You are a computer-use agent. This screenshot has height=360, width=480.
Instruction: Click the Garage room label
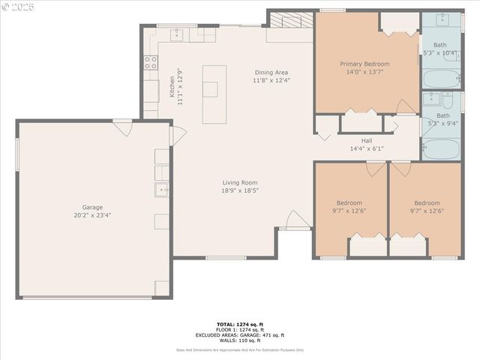tap(92, 207)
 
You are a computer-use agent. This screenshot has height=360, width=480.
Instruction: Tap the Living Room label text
tap(240, 182)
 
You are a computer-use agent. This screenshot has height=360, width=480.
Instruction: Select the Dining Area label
tap(271, 72)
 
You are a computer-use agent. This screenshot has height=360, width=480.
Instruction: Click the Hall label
tap(367, 140)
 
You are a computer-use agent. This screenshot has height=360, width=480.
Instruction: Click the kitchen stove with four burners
tap(151, 62)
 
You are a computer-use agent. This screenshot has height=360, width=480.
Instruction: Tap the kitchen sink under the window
tap(178, 34)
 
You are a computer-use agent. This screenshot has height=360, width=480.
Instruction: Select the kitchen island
tap(214, 94)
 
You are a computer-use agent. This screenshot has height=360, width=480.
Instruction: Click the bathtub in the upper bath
tap(441, 79)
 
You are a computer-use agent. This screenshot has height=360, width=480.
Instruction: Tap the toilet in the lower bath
tap(447, 100)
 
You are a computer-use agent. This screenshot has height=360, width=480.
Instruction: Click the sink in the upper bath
tap(441, 19)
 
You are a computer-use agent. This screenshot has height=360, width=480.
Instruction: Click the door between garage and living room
tap(177, 136)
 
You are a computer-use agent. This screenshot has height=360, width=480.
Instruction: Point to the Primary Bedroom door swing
tap(406, 107)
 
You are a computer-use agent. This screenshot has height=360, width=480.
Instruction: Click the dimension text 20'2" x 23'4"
tap(92, 215)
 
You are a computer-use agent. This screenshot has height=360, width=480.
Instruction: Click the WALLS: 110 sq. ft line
tap(240, 340)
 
